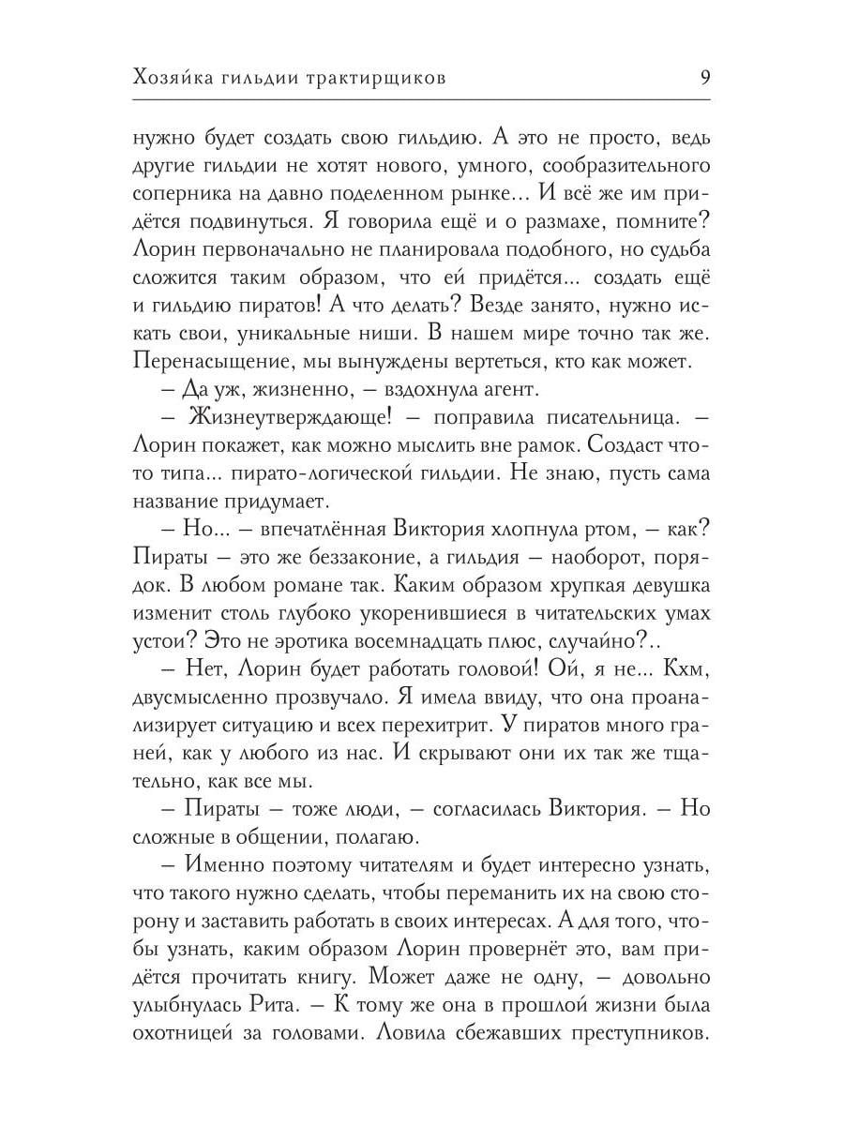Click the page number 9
point(704,78)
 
